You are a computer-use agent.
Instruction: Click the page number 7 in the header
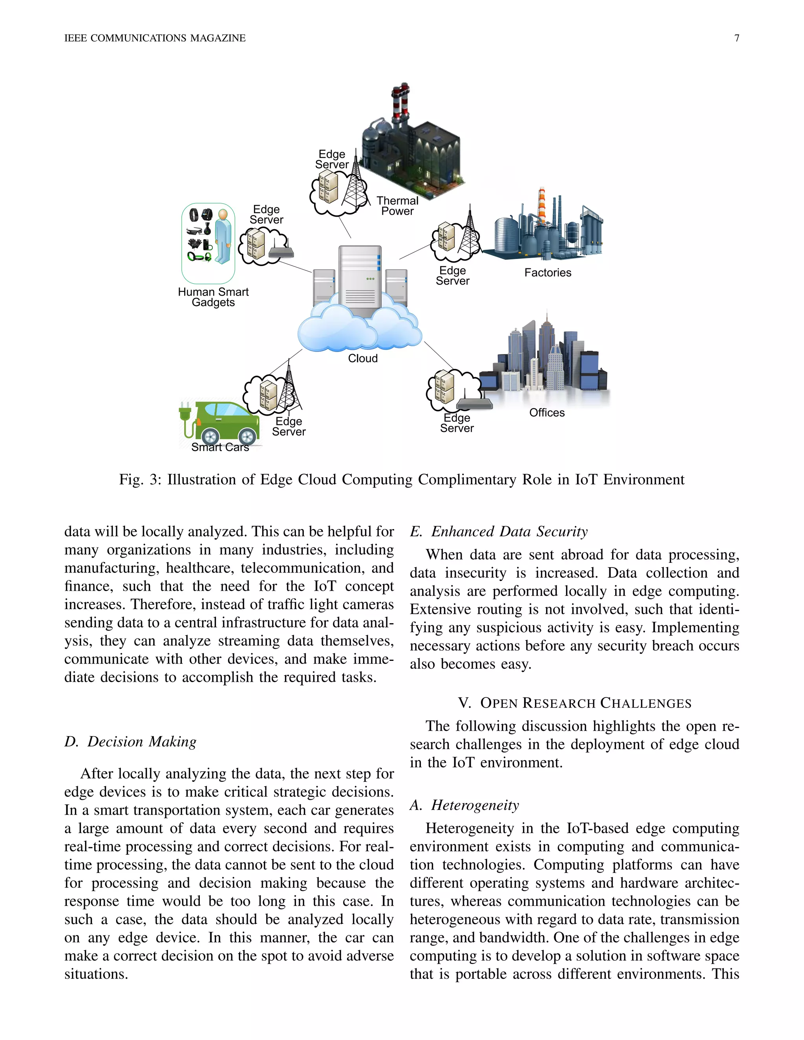736,38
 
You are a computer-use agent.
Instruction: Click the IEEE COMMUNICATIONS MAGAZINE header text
155,38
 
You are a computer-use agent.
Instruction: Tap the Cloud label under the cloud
362,358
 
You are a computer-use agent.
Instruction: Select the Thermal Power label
397,206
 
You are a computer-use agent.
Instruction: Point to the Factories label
548,272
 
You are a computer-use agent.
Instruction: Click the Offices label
547,412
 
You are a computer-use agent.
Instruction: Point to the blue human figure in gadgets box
223,236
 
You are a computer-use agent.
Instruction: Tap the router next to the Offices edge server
474,404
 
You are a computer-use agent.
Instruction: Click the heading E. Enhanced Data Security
499,531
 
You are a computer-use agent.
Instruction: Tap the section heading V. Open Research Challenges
574,703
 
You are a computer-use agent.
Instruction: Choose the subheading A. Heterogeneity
464,805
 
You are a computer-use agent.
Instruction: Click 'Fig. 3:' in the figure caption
140,480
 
